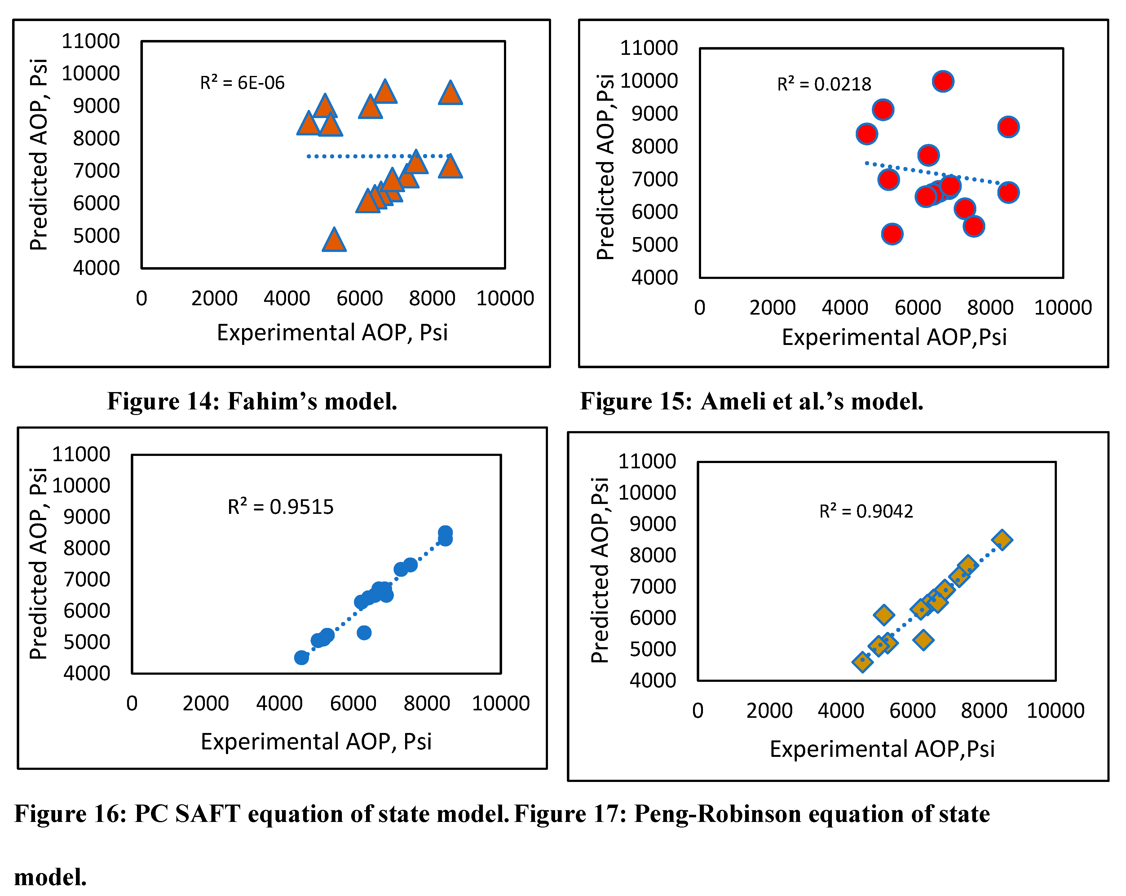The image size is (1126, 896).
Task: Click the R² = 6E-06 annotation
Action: [242, 82]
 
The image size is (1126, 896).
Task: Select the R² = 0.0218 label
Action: [824, 84]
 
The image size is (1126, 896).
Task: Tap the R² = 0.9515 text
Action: [280, 506]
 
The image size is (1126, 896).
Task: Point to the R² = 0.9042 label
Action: [866, 511]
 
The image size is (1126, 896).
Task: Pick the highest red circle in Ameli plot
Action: [943, 82]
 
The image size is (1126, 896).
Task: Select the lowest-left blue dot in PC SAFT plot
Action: [301, 657]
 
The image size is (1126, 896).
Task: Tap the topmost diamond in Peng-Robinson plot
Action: [1002, 539]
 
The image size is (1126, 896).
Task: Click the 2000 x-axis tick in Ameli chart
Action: [772, 307]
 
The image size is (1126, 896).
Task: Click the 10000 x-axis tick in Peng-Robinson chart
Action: [1055, 711]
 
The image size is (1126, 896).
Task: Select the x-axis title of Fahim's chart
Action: [332, 332]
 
